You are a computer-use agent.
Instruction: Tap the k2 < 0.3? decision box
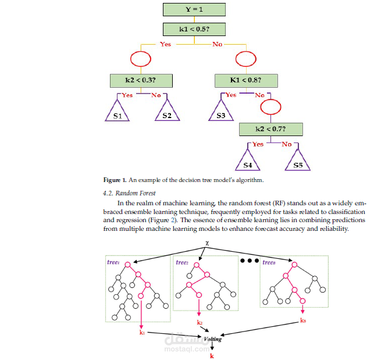click(x=141, y=80)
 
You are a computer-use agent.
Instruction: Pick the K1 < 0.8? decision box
click(x=245, y=80)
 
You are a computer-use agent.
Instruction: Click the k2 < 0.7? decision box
click(x=272, y=128)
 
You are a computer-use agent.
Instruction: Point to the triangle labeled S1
click(x=117, y=111)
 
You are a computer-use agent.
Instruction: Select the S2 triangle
click(x=167, y=111)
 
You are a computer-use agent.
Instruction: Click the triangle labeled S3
click(x=221, y=111)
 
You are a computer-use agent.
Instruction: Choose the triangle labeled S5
click(x=298, y=160)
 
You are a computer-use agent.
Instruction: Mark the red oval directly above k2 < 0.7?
click(x=270, y=106)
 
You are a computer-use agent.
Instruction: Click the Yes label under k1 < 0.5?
click(x=165, y=44)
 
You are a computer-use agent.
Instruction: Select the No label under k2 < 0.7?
click(x=286, y=144)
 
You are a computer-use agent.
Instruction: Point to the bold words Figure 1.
click(x=115, y=180)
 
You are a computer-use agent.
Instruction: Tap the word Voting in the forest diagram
click(x=213, y=338)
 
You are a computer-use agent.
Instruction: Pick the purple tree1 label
click(x=113, y=262)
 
